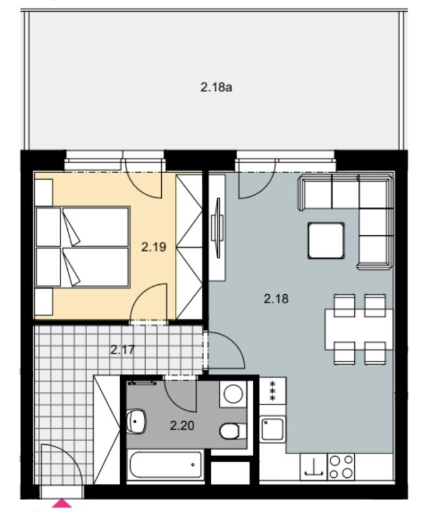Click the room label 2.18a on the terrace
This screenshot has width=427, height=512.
point(216,87)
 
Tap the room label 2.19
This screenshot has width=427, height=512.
point(154,247)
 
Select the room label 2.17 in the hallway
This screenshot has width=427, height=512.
point(123,350)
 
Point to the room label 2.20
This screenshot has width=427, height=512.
point(182,426)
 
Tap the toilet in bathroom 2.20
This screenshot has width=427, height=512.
point(233,431)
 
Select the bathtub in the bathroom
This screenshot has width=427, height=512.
point(166,465)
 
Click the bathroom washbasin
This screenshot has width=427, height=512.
point(136,421)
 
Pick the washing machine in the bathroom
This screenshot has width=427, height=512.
point(233,394)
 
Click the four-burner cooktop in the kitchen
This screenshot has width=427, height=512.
point(340,467)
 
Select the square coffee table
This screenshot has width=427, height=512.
point(326,240)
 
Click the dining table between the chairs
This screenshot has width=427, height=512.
point(359,329)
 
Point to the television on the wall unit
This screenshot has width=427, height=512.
point(217,227)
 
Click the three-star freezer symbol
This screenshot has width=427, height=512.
point(273,391)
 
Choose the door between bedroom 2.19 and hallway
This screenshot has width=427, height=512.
point(149,303)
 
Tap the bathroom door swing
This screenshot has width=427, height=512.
point(181,394)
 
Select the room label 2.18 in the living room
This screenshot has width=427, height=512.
point(276,299)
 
